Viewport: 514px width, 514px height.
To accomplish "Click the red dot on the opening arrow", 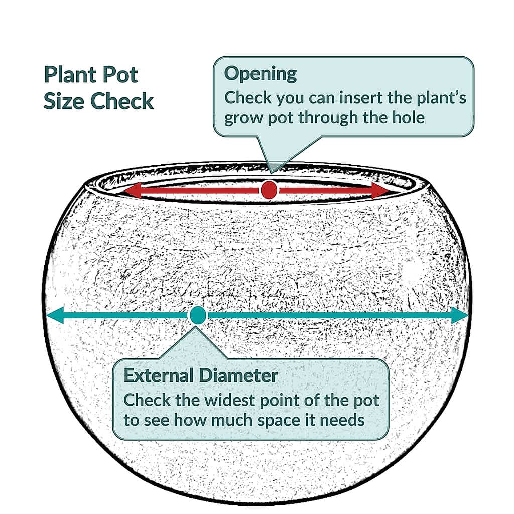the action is click(x=269, y=190).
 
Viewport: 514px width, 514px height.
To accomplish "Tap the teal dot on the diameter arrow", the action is click(x=197, y=315).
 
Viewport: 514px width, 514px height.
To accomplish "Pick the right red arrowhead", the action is click(x=380, y=190).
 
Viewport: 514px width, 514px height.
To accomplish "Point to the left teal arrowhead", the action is click(x=55, y=315).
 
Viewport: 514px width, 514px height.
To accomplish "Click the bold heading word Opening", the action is click(x=261, y=74).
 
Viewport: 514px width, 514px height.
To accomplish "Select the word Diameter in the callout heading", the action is click(x=238, y=375).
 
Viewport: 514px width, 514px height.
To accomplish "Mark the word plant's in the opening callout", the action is click(x=441, y=98).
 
